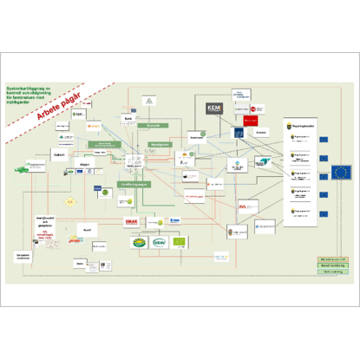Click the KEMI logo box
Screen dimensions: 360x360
214,108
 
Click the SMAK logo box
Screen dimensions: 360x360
132,223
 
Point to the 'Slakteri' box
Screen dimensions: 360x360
60,155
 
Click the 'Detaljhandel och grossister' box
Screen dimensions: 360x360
45,219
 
